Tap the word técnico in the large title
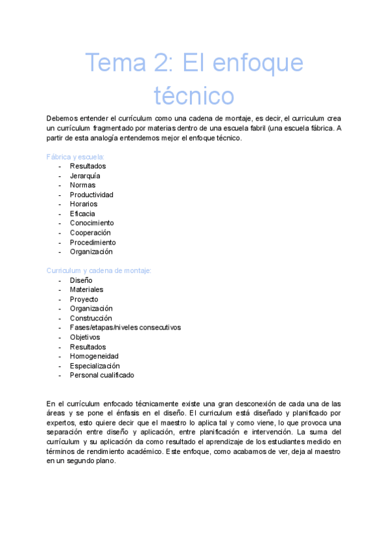pos(194,95)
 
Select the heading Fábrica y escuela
pos(76,157)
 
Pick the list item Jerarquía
pos(85,176)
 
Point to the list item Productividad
pos(91,195)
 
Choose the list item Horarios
pos(84,204)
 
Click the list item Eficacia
pos(82,213)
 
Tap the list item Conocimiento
pos(91,223)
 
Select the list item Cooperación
pos(90,233)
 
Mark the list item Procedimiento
pos(93,243)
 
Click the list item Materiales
pos(86,289)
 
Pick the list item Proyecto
pos(84,299)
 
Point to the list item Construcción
pos(91,318)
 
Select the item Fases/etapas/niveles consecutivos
pos(125,328)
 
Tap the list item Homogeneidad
pos(94,356)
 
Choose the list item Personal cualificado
pos(102,375)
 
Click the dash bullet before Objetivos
pos(60,337)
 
